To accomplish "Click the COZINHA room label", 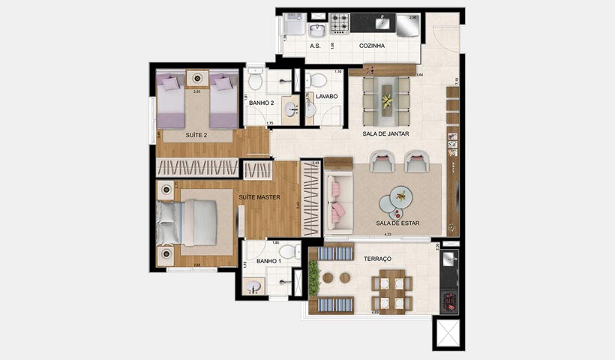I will click(372, 46).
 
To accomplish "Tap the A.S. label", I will click(316, 46).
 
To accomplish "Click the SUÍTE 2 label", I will click(196, 136).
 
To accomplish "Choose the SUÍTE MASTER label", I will click(259, 197).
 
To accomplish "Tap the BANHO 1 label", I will click(268, 261).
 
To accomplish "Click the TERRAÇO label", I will click(377, 259).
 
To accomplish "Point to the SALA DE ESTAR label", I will click(397, 223).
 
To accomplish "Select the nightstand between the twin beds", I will click(197, 78).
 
